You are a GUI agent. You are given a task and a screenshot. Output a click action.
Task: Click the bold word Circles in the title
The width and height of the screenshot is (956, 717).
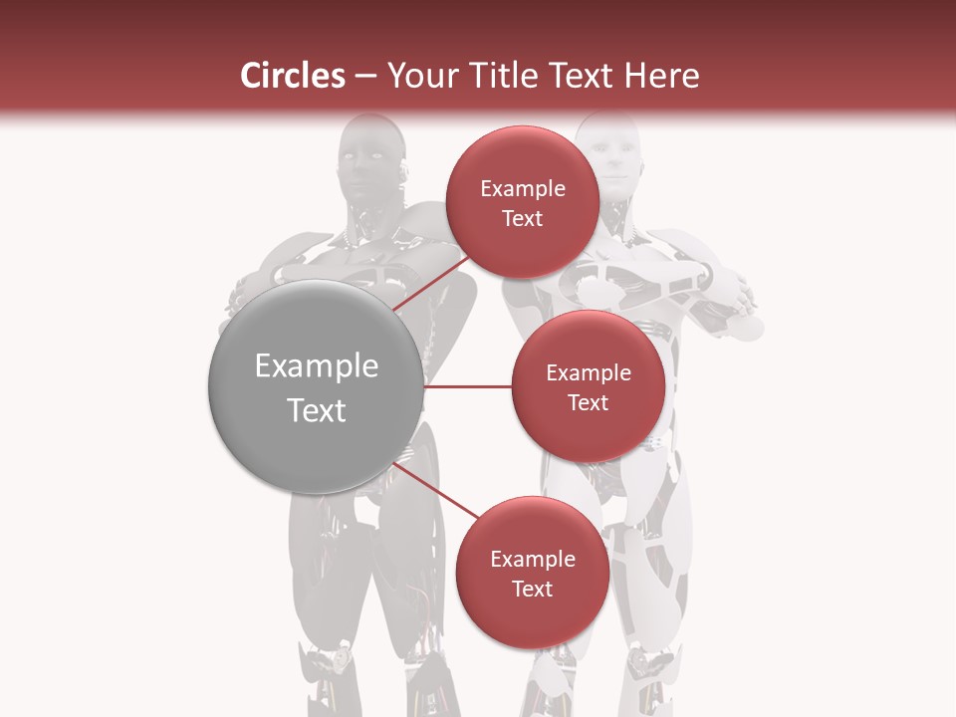click(293, 76)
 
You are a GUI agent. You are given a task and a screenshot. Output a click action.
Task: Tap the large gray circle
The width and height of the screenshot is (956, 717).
click(316, 386)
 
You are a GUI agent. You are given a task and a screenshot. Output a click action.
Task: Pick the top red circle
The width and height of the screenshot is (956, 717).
click(523, 202)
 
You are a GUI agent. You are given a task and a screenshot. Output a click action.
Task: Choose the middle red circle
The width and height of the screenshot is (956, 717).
click(589, 386)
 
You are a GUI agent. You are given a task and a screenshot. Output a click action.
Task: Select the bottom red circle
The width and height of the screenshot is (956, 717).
click(533, 573)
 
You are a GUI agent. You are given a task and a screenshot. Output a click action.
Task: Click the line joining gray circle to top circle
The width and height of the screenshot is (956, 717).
click(430, 282)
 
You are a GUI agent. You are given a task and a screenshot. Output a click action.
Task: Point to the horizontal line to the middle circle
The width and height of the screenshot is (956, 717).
click(467, 386)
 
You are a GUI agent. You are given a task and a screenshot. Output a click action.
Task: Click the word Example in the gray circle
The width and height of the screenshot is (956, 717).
click(317, 366)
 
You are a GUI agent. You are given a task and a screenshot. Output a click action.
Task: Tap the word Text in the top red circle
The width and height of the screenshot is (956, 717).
click(523, 219)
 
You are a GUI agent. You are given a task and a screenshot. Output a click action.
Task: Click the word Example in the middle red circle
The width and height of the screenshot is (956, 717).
click(589, 373)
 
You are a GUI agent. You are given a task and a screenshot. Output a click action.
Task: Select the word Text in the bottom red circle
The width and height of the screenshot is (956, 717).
click(533, 590)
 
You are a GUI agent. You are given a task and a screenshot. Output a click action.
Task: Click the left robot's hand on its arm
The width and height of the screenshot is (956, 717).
click(240, 294)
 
